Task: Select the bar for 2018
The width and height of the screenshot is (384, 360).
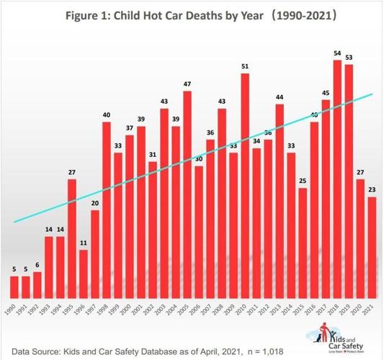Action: click(x=337, y=180)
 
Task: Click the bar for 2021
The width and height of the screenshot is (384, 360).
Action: click(x=372, y=248)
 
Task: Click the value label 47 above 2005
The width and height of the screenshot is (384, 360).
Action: click(x=187, y=84)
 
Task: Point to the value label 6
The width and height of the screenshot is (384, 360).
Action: click(x=37, y=265)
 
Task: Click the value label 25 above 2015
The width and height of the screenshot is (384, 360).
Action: click(x=303, y=181)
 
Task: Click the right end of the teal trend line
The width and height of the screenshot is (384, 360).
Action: click(x=372, y=94)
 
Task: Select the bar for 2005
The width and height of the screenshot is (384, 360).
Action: click(x=187, y=194)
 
